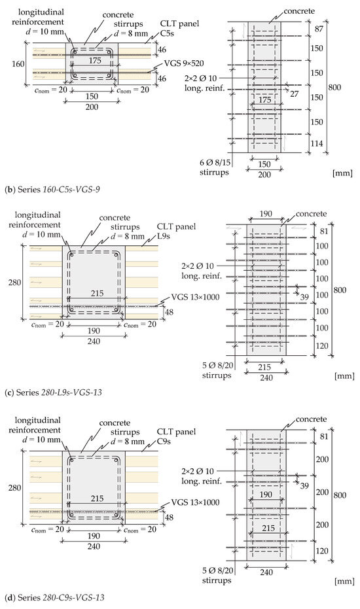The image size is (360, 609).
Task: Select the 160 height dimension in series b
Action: (x=18, y=64)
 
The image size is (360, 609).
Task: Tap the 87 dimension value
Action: (x=319, y=29)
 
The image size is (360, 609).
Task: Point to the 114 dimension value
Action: (x=317, y=143)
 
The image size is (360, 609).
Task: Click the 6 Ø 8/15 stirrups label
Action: (x=214, y=167)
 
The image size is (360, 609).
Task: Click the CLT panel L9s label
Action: (x=176, y=231)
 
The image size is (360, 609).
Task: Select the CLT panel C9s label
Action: (x=176, y=436)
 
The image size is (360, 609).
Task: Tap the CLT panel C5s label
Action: (x=179, y=28)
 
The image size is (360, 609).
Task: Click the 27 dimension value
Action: (x=295, y=94)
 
